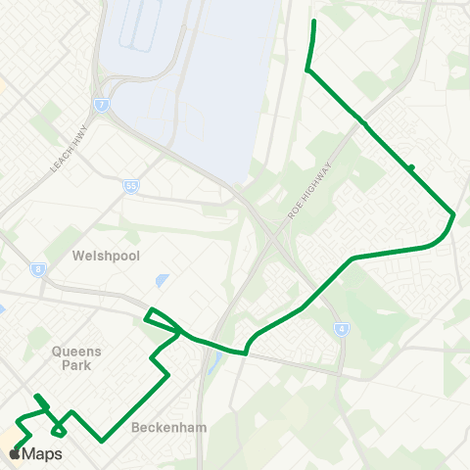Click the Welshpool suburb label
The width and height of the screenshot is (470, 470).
coord(107,256)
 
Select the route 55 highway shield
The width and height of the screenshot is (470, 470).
coord(131,185)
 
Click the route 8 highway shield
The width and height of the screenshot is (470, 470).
coord(38,269)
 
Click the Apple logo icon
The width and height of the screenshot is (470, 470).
coord(14,453)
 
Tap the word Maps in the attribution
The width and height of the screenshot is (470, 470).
coord(42,453)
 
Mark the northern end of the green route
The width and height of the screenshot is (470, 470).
coord(313,21)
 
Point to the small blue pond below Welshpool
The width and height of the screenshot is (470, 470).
coord(161,281)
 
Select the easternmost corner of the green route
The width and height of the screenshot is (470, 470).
coord(454,214)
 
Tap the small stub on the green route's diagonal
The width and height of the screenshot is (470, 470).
coord(412,167)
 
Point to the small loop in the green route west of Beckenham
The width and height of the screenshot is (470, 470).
coord(59,428)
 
